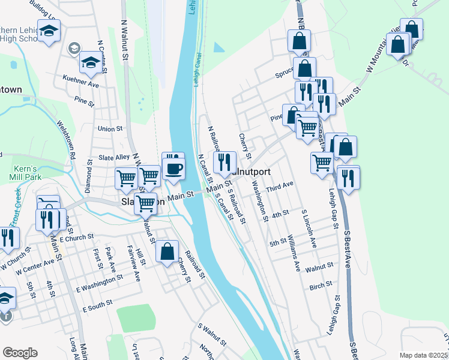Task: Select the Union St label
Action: [x=110, y=128]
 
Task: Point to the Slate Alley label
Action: [x=114, y=157]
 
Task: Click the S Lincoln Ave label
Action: [x=309, y=229]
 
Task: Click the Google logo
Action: [x=20, y=352]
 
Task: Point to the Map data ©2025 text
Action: [x=423, y=355]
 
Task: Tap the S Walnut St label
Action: [x=212, y=335]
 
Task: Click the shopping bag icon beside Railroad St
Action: [x=168, y=251]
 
